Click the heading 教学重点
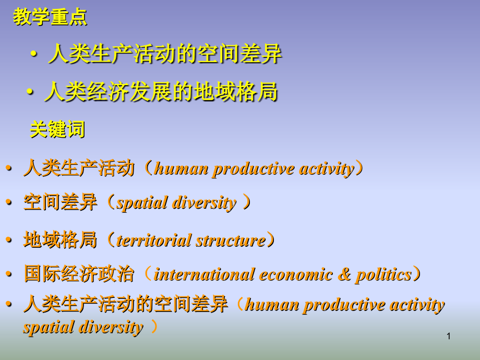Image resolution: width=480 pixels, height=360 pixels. (x=50, y=17)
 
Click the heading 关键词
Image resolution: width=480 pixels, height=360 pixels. (x=57, y=129)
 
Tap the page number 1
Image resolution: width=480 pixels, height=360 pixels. (x=448, y=337)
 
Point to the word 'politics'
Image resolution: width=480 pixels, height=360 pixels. (x=383, y=274)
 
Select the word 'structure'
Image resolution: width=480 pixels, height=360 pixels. (x=231, y=241)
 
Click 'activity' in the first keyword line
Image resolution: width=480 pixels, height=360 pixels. (x=326, y=169)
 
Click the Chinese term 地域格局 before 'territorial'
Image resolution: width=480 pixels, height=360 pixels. (x=61, y=241)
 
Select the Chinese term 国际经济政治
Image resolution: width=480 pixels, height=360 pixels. (x=79, y=274)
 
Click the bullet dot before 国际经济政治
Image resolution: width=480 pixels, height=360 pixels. (x=8, y=274)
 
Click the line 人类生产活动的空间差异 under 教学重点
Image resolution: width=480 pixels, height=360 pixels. (x=165, y=54)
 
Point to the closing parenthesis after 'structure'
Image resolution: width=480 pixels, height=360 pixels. (x=271, y=241)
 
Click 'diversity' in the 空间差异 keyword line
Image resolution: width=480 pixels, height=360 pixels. (x=205, y=203)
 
